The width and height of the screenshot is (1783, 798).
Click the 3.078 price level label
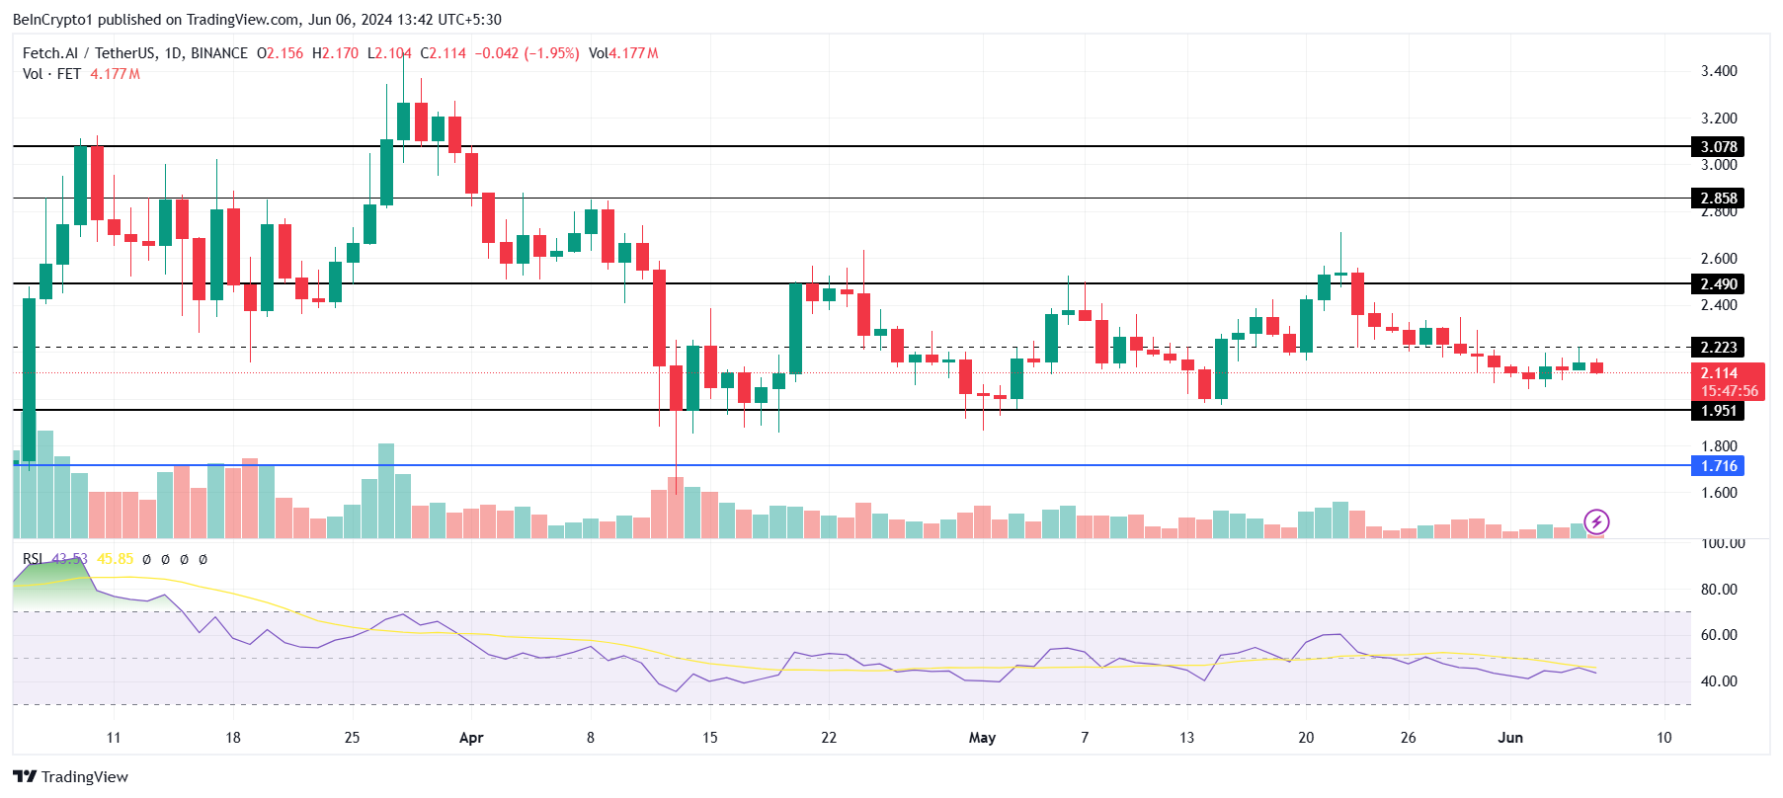pyautogui.click(x=1718, y=147)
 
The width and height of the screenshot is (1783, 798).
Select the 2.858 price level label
pyautogui.click(x=1718, y=199)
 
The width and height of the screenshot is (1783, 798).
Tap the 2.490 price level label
pyautogui.click(x=1718, y=284)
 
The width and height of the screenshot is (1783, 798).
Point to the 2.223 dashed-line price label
pyautogui.click(x=1718, y=348)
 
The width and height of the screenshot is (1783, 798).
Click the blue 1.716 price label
pyautogui.click(x=1718, y=466)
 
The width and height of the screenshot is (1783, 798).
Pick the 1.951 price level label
pyautogui.click(x=1718, y=411)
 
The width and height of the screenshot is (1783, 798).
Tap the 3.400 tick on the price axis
pyautogui.click(x=1719, y=71)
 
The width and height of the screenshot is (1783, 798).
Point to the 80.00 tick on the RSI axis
pyautogui.click(x=1719, y=590)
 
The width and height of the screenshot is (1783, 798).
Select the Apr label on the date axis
pyautogui.click(x=471, y=738)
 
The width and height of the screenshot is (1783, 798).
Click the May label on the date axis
pyautogui.click(x=982, y=738)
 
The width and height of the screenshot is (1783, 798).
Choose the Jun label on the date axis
pyautogui.click(x=1509, y=738)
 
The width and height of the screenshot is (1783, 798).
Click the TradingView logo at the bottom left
pyautogui.click(x=70, y=777)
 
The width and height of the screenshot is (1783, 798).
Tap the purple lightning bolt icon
pyautogui.click(x=1596, y=521)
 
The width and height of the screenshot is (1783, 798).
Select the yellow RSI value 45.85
pyautogui.click(x=115, y=559)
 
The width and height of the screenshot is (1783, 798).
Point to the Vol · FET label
pyautogui.click(x=51, y=74)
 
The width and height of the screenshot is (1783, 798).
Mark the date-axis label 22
pyautogui.click(x=829, y=738)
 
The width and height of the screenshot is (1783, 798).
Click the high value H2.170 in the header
pyautogui.click(x=335, y=53)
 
